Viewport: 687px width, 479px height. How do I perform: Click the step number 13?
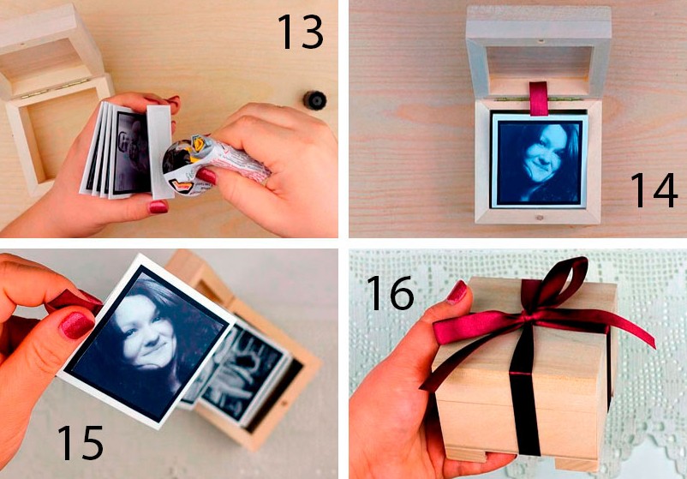(301, 32)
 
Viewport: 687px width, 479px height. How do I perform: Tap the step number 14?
(654, 189)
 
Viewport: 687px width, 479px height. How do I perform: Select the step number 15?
(81, 443)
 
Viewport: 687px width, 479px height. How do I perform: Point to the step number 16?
(391, 293)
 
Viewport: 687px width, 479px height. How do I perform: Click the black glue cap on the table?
(314, 100)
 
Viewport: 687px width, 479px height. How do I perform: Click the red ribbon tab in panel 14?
(539, 99)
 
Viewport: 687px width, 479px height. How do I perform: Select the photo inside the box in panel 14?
(539, 160)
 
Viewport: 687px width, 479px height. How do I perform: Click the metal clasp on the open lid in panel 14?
(541, 42)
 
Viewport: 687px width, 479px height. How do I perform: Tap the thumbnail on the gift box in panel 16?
(458, 292)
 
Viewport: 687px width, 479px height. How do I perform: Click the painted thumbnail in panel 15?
(78, 325)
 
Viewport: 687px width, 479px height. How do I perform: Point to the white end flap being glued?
(159, 152)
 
